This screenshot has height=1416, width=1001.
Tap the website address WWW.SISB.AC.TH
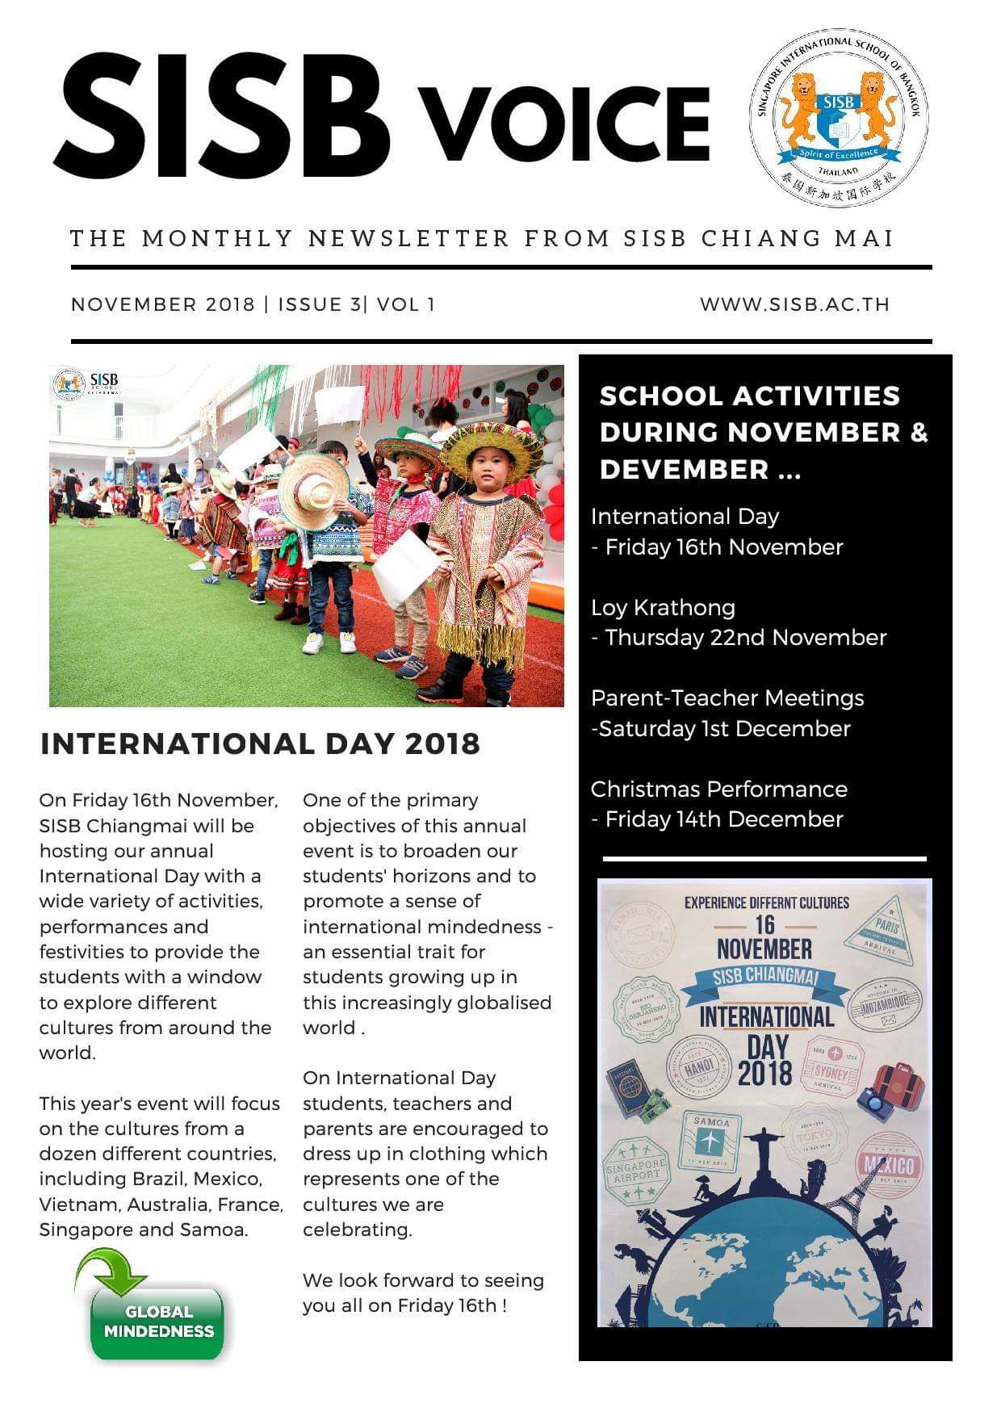click(794, 304)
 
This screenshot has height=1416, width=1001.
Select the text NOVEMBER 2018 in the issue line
click(162, 304)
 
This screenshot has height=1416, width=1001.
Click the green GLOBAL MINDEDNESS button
click(158, 1322)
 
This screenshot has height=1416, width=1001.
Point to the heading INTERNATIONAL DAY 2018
click(260, 744)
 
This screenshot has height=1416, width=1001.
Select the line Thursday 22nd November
click(739, 638)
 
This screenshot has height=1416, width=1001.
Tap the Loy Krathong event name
click(663, 607)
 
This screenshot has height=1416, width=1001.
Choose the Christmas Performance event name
click(718, 789)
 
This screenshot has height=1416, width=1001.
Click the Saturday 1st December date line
click(721, 729)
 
